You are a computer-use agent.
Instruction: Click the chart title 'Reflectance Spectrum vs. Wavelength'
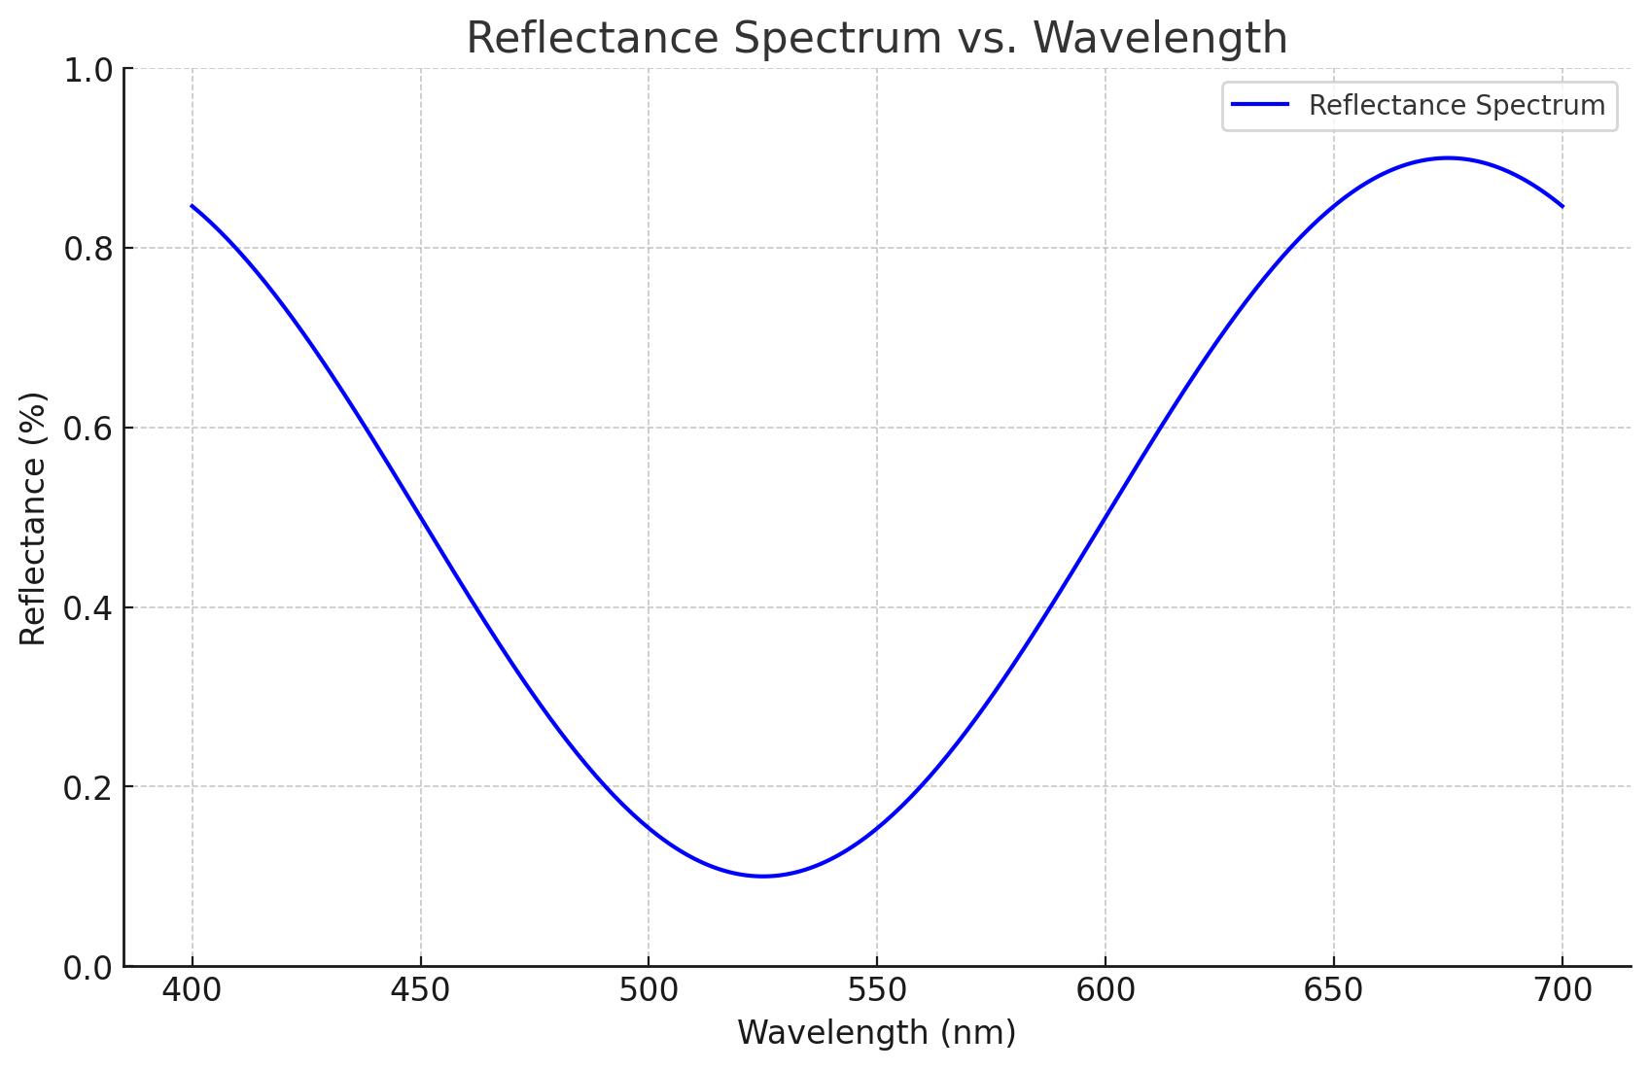[x=876, y=38]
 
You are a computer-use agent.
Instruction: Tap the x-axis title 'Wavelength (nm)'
[x=876, y=1032]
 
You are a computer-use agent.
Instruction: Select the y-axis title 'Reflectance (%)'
[x=33, y=518]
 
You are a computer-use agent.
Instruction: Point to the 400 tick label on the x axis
[x=193, y=990]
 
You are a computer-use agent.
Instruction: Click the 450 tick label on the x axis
[x=420, y=990]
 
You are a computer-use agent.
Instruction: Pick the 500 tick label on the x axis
[x=649, y=990]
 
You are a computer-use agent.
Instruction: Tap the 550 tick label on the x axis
[x=877, y=990]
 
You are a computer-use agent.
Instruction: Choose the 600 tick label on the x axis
[x=1106, y=990]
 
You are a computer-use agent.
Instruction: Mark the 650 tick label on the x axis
[x=1333, y=990]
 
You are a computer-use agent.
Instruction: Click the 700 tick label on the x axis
[x=1562, y=990]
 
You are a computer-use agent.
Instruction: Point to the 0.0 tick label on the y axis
[x=87, y=968]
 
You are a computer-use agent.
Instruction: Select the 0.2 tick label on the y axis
[x=87, y=788]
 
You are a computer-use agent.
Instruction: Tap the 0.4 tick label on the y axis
[x=87, y=608]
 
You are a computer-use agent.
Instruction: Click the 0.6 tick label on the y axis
[x=87, y=429]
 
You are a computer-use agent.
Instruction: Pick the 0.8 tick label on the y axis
[x=87, y=249]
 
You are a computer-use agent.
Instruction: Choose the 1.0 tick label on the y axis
[x=87, y=70]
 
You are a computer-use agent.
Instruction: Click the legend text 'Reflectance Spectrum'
[x=1457, y=105]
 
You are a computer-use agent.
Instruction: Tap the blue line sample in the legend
[x=1260, y=105]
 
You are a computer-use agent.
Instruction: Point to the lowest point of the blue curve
[x=763, y=876]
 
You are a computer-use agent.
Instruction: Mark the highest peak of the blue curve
[x=1448, y=157]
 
